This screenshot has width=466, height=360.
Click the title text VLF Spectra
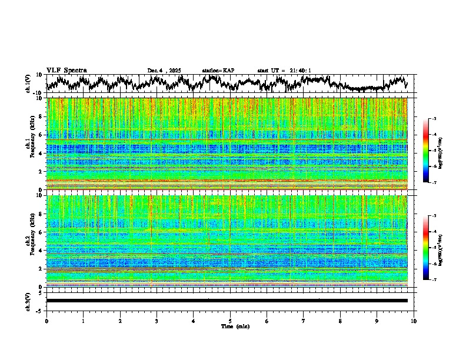coord(66,70)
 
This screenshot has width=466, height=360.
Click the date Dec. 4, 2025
coord(165,71)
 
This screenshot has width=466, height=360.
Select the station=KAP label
coord(218,71)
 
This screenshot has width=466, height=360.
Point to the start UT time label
coord(284,71)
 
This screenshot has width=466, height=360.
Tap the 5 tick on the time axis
coord(230,321)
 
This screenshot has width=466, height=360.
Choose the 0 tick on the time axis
coord(46,321)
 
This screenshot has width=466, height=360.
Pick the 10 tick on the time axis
coord(414,321)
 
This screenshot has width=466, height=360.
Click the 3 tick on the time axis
coord(157,321)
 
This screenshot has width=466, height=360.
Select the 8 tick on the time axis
coord(340,321)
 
